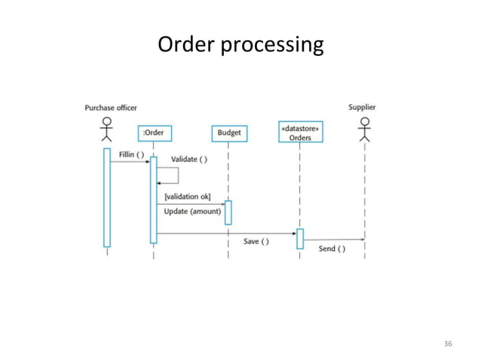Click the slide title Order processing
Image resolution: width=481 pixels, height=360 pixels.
tap(240, 46)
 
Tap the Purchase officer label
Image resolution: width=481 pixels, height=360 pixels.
tap(111, 108)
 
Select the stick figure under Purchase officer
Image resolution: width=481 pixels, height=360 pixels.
tap(107, 129)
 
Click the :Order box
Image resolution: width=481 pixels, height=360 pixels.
tap(154, 133)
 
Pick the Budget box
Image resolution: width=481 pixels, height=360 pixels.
tap(229, 133)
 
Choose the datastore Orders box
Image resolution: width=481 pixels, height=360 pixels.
tap(300, 133)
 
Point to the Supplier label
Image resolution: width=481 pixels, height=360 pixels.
tap(362, 107)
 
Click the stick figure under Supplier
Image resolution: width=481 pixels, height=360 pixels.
tap(366, 129)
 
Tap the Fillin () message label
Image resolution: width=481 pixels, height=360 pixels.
tap(130, 155)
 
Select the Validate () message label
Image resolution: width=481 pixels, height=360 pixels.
tap(189, 159)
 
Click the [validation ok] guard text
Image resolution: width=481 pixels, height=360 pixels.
tap(188, 197)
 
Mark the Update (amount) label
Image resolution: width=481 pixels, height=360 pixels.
tap(192, 212)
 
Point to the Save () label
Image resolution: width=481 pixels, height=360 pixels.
tap(256, 241)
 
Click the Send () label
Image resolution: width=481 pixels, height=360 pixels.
tap(332, 249)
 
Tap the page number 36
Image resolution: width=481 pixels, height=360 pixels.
tap(448, 344)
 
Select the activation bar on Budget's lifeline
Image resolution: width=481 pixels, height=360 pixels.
tap(228, 212)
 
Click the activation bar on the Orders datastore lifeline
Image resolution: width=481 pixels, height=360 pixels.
tap(300, 238)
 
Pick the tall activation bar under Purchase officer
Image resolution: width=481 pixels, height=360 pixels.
tap(107, 197)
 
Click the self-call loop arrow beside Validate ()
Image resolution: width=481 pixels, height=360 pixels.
tap(169, 175)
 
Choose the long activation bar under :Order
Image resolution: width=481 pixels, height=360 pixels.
tap(154, 200)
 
